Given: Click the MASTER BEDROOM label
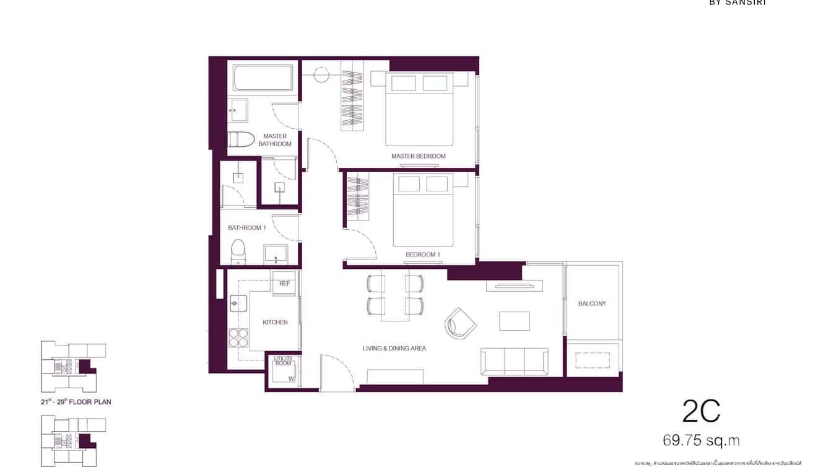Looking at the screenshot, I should (x=418, y=156).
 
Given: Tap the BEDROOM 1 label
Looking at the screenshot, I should (x=422, y=255).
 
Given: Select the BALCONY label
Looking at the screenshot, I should (x=592, y=303).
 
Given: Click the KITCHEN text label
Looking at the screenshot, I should (x=275, y=322).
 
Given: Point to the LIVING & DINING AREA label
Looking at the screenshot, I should (x=394, y=349).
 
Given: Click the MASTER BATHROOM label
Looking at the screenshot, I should (x=275, y=140).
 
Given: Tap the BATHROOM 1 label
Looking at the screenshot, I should (x=246, y=228).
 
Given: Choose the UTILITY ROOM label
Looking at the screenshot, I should (x=283, y=360).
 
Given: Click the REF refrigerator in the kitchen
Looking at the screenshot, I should (x=285, y=284).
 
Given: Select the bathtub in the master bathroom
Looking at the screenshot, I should (x=263, y=78).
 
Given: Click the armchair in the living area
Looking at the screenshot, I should (x=460, y=323).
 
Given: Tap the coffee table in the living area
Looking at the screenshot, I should (x=515, y=321).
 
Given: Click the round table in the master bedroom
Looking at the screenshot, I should (x=321, y=76).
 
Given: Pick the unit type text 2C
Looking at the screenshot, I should (x=701, y=411).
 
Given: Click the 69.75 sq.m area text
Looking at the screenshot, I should (x=701, y=441).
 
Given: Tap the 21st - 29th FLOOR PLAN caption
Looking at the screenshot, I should (x=72, y=402).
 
